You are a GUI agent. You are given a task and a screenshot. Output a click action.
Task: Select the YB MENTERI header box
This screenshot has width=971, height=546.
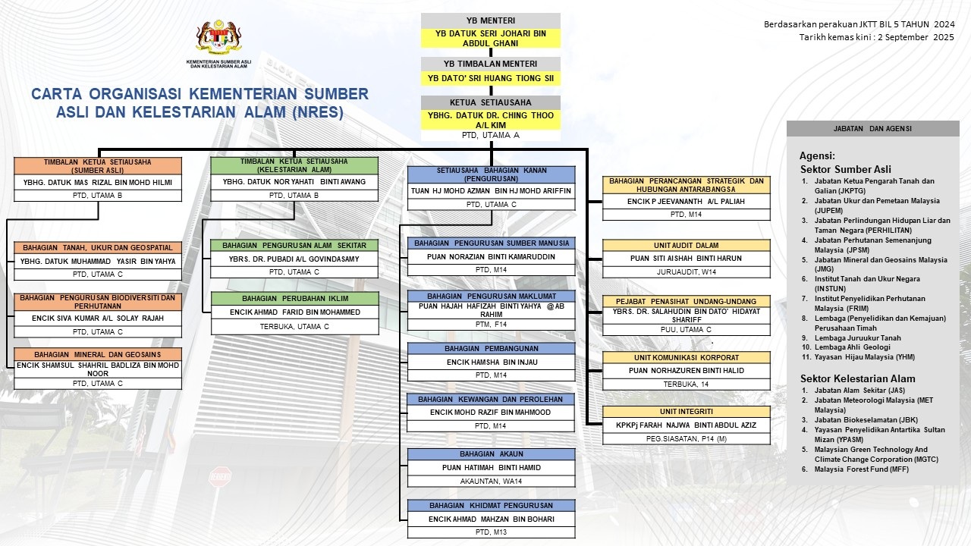point(491,20)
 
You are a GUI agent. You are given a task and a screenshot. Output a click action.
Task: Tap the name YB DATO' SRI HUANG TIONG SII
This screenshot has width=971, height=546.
point(491,78)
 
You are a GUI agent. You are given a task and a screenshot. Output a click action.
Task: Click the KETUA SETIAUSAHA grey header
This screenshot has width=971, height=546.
point(491,102)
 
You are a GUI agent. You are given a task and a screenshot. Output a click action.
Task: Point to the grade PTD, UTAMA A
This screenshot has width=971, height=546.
point(491,135)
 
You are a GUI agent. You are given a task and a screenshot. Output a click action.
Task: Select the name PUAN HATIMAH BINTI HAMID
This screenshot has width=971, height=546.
point(491,468)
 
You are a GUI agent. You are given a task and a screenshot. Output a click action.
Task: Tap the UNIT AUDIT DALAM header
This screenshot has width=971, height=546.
point(686,246)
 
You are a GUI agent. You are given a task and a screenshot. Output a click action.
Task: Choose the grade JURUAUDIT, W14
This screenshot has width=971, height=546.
point(686,271)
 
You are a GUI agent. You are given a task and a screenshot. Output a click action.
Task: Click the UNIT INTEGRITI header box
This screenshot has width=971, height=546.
point(686,412)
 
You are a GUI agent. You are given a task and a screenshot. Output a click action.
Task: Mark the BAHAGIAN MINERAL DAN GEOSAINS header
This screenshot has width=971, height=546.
point(98,354)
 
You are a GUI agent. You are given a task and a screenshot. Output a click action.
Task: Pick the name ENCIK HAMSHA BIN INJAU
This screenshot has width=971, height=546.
point(491,362)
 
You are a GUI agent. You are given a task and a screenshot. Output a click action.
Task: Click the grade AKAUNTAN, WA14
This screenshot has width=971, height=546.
point(491,481)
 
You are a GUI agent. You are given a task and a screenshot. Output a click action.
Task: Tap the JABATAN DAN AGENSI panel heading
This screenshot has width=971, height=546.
point(872,128)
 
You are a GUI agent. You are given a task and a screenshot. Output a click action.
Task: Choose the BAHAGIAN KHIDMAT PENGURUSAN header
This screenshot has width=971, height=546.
point(491,506)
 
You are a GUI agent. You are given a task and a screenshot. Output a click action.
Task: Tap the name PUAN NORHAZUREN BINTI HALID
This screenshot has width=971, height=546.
point(686,371)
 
